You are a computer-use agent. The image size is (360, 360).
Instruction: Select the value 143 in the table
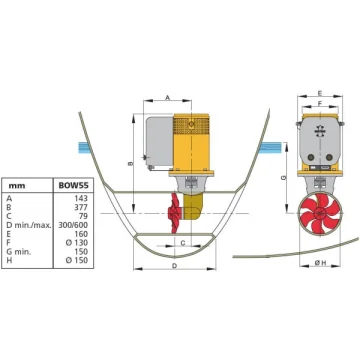point(81,198)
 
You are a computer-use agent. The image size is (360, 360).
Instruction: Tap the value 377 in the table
point(81,207)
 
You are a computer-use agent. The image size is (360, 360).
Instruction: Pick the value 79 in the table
point(83,216)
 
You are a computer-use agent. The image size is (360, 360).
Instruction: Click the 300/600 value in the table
point(73,225)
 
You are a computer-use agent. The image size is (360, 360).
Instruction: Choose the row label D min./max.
point(29,225)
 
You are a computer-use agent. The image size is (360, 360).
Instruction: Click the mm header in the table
point(17,186)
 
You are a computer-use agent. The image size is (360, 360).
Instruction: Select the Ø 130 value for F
point(77,243)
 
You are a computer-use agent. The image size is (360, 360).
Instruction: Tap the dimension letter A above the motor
point(168,97)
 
